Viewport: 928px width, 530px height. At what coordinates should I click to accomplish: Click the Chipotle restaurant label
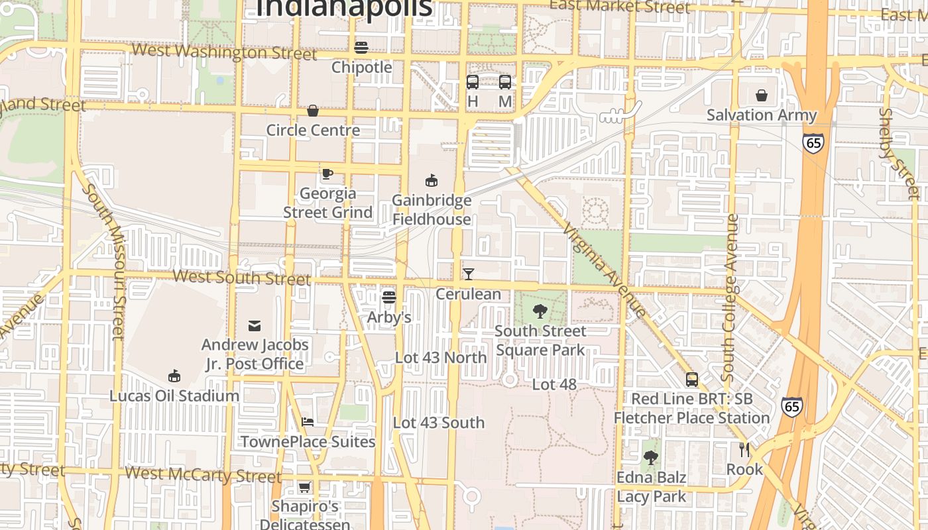click(x=361, y=67)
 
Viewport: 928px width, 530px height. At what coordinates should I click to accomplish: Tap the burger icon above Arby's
click(x=389, y=297)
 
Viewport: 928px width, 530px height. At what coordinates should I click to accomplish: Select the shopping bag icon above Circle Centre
click(x=312, y=110)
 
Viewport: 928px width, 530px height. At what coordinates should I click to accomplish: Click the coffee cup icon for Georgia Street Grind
click(x=327, y=174)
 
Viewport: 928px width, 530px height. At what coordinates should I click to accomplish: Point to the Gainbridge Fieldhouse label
click(x=432, y=209)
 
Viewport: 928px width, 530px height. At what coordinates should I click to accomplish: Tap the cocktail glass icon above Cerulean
click(x=469, y=274)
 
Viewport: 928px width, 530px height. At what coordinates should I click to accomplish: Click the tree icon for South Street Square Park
click(x=540, y=311)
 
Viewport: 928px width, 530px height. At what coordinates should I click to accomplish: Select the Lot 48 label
click(x=554, y=384)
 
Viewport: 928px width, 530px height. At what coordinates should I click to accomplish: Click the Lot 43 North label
click(x=441, y=358)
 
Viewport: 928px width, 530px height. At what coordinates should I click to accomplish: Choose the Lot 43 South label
click(x=439, y=423)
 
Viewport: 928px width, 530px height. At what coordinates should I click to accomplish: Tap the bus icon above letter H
click(x=473, y=82)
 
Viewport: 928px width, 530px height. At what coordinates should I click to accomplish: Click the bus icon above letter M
click(x=505, y=82)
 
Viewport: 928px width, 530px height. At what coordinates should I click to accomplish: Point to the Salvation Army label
click(x=762, y=115)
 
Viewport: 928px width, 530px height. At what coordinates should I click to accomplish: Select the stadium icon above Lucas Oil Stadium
click(x=174, y=376)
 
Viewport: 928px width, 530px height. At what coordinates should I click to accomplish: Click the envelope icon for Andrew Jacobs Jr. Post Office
click(x=255, y=325)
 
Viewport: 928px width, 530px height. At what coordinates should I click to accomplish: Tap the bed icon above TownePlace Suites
click(x=308, y=421)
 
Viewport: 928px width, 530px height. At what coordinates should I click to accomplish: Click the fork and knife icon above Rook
click(x=744, y=450)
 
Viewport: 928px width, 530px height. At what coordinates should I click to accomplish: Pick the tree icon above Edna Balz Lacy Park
click(x=651, y=457)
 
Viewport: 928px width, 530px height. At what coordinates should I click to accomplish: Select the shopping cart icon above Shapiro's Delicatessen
click(x=304, y=488)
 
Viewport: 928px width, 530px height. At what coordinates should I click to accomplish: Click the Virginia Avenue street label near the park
click(x=604, y=272)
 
